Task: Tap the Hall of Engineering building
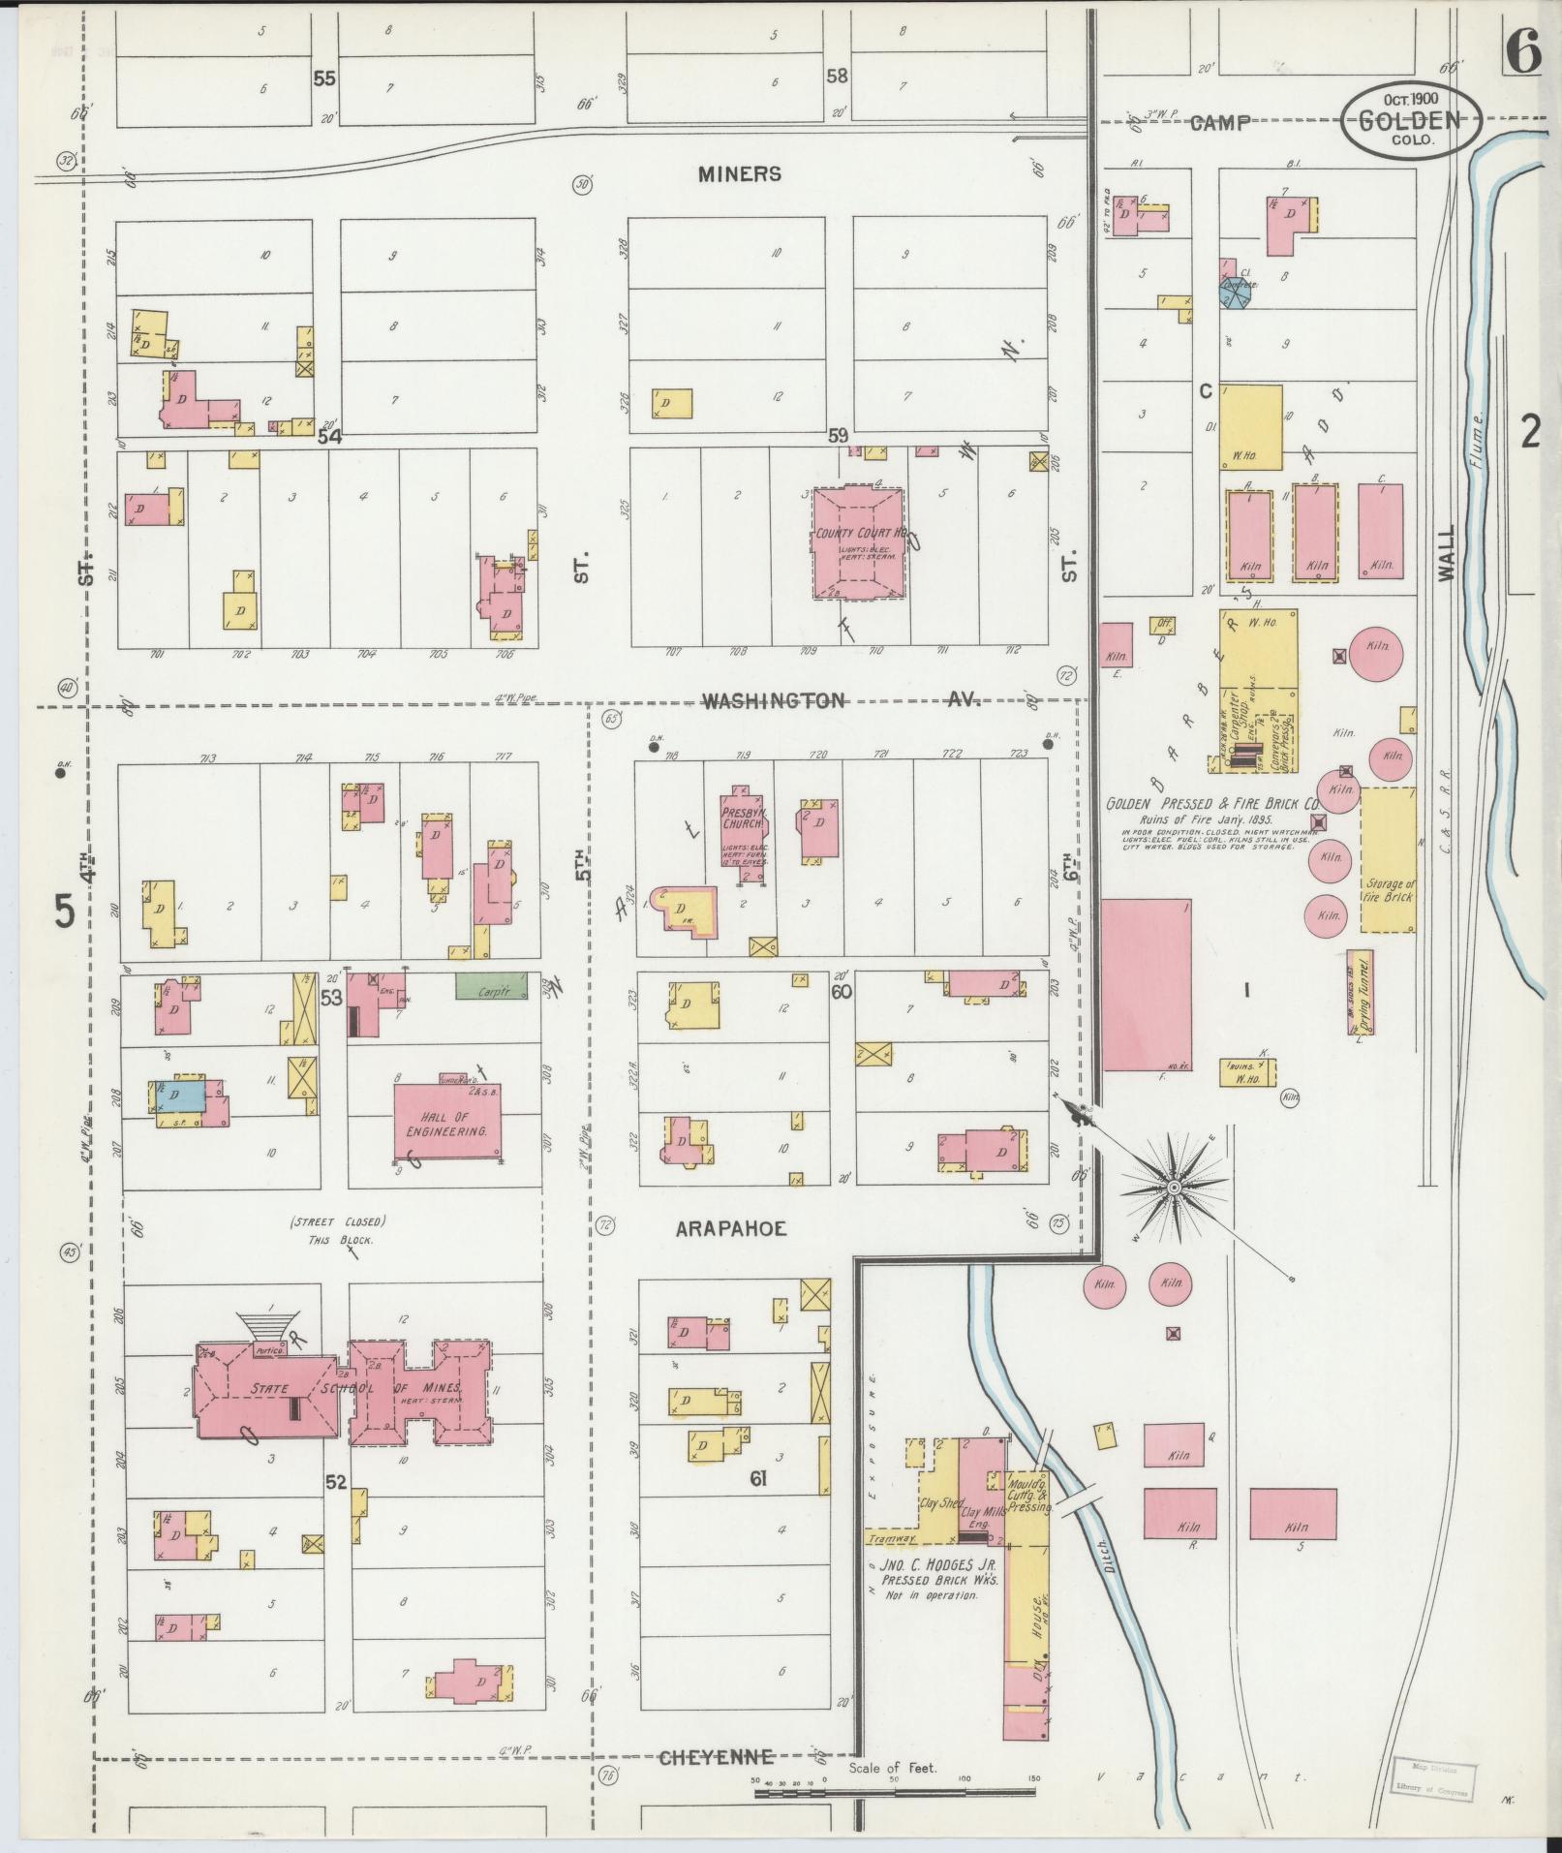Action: tap(446, 1122)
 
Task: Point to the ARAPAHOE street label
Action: tap(730, 1228)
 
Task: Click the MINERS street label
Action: tap(739, 174)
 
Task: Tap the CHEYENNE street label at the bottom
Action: tap(716, 1783)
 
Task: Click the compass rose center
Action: tap(1174, 1186)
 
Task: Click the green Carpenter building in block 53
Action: tap(492, 986)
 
